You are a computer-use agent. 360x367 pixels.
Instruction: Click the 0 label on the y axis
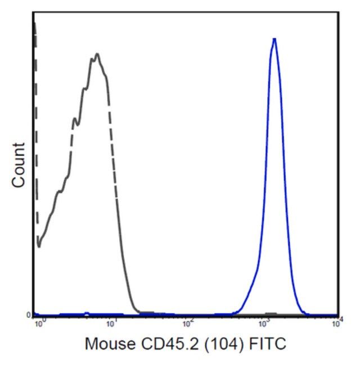29,315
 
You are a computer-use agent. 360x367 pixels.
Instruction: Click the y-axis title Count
19,165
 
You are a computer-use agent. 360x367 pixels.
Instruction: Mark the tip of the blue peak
274,39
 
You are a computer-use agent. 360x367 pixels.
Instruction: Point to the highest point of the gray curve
97,54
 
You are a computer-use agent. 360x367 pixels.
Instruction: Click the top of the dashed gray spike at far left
34,23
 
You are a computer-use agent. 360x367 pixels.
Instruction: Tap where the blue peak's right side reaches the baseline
307,312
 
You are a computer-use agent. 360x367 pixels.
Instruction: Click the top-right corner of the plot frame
339,11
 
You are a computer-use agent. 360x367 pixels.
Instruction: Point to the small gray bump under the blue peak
271,313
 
